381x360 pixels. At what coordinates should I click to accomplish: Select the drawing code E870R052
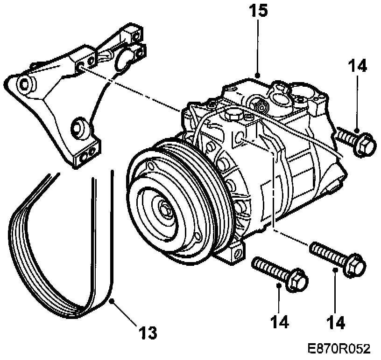339,349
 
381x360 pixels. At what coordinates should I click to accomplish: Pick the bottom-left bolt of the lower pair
279,274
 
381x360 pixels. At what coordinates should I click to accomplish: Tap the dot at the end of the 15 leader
258,75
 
